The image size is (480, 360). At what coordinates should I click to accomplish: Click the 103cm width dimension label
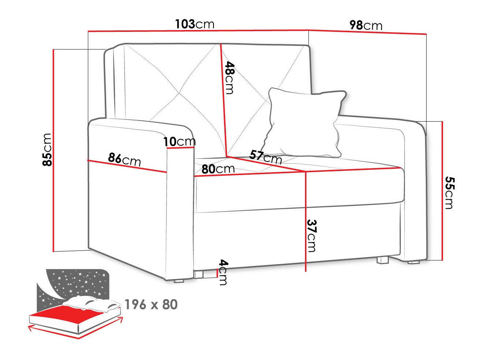pos(194,24)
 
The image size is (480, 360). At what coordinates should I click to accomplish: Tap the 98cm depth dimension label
pos(366,25)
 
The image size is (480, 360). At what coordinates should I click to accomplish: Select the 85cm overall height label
pos(48,149)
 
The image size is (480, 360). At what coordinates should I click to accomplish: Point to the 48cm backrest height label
pos(230,78)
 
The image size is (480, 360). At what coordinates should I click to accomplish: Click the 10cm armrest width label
pos(179,141)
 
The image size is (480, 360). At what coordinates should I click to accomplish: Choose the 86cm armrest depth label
pos(124,159)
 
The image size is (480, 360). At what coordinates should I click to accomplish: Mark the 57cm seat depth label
pos(265,157)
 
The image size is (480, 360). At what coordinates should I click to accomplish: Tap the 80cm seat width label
pos(218,169)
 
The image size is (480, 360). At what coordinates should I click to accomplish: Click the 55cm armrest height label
pos(449,193)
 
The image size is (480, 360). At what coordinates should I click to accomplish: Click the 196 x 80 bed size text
pos(151,304)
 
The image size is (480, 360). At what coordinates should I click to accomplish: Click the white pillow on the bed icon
pos(92,303)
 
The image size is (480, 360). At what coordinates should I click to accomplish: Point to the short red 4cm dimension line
pos(217,272)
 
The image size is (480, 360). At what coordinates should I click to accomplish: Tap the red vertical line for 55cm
pos(442,190)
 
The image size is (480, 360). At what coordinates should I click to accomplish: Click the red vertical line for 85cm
pos(54,150)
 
